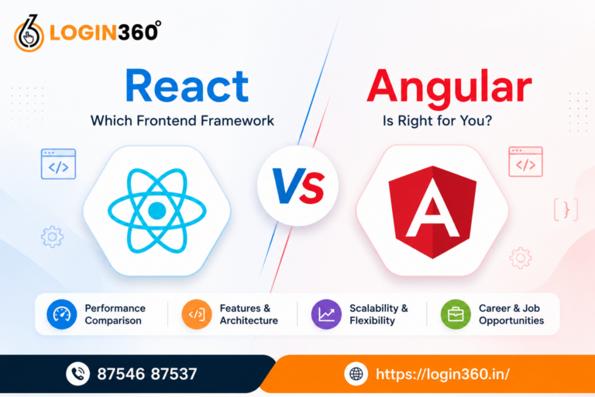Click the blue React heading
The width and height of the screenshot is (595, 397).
[x=187, y=86]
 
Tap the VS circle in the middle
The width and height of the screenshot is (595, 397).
[x=297, y=186]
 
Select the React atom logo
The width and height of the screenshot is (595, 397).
[x=157, y=210]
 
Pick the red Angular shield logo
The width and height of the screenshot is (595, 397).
[x=432, y=212]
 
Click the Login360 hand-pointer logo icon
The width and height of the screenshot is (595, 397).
[x=29, y=34]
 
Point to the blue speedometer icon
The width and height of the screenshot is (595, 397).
[x=61, y=314]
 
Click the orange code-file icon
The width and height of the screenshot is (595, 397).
[x=197, y=314]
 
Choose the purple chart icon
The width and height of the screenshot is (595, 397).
[x=326, y=314]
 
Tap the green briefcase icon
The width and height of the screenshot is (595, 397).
[x=456, y=314]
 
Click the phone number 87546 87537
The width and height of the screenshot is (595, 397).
[x=147, y=374]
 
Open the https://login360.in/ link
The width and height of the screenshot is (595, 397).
[x=442, y=375]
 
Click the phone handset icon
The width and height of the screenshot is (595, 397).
[x=77, y=374]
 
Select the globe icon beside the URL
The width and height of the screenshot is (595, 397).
[x=356, y=374]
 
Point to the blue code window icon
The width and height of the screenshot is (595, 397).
[x=58, y=164]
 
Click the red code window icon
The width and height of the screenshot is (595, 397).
[x=525, y=162]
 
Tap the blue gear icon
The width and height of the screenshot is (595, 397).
[x=52, y=236]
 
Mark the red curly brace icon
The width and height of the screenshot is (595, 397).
[x=566, y=209]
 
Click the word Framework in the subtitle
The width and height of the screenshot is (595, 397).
[x=237, y=121]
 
